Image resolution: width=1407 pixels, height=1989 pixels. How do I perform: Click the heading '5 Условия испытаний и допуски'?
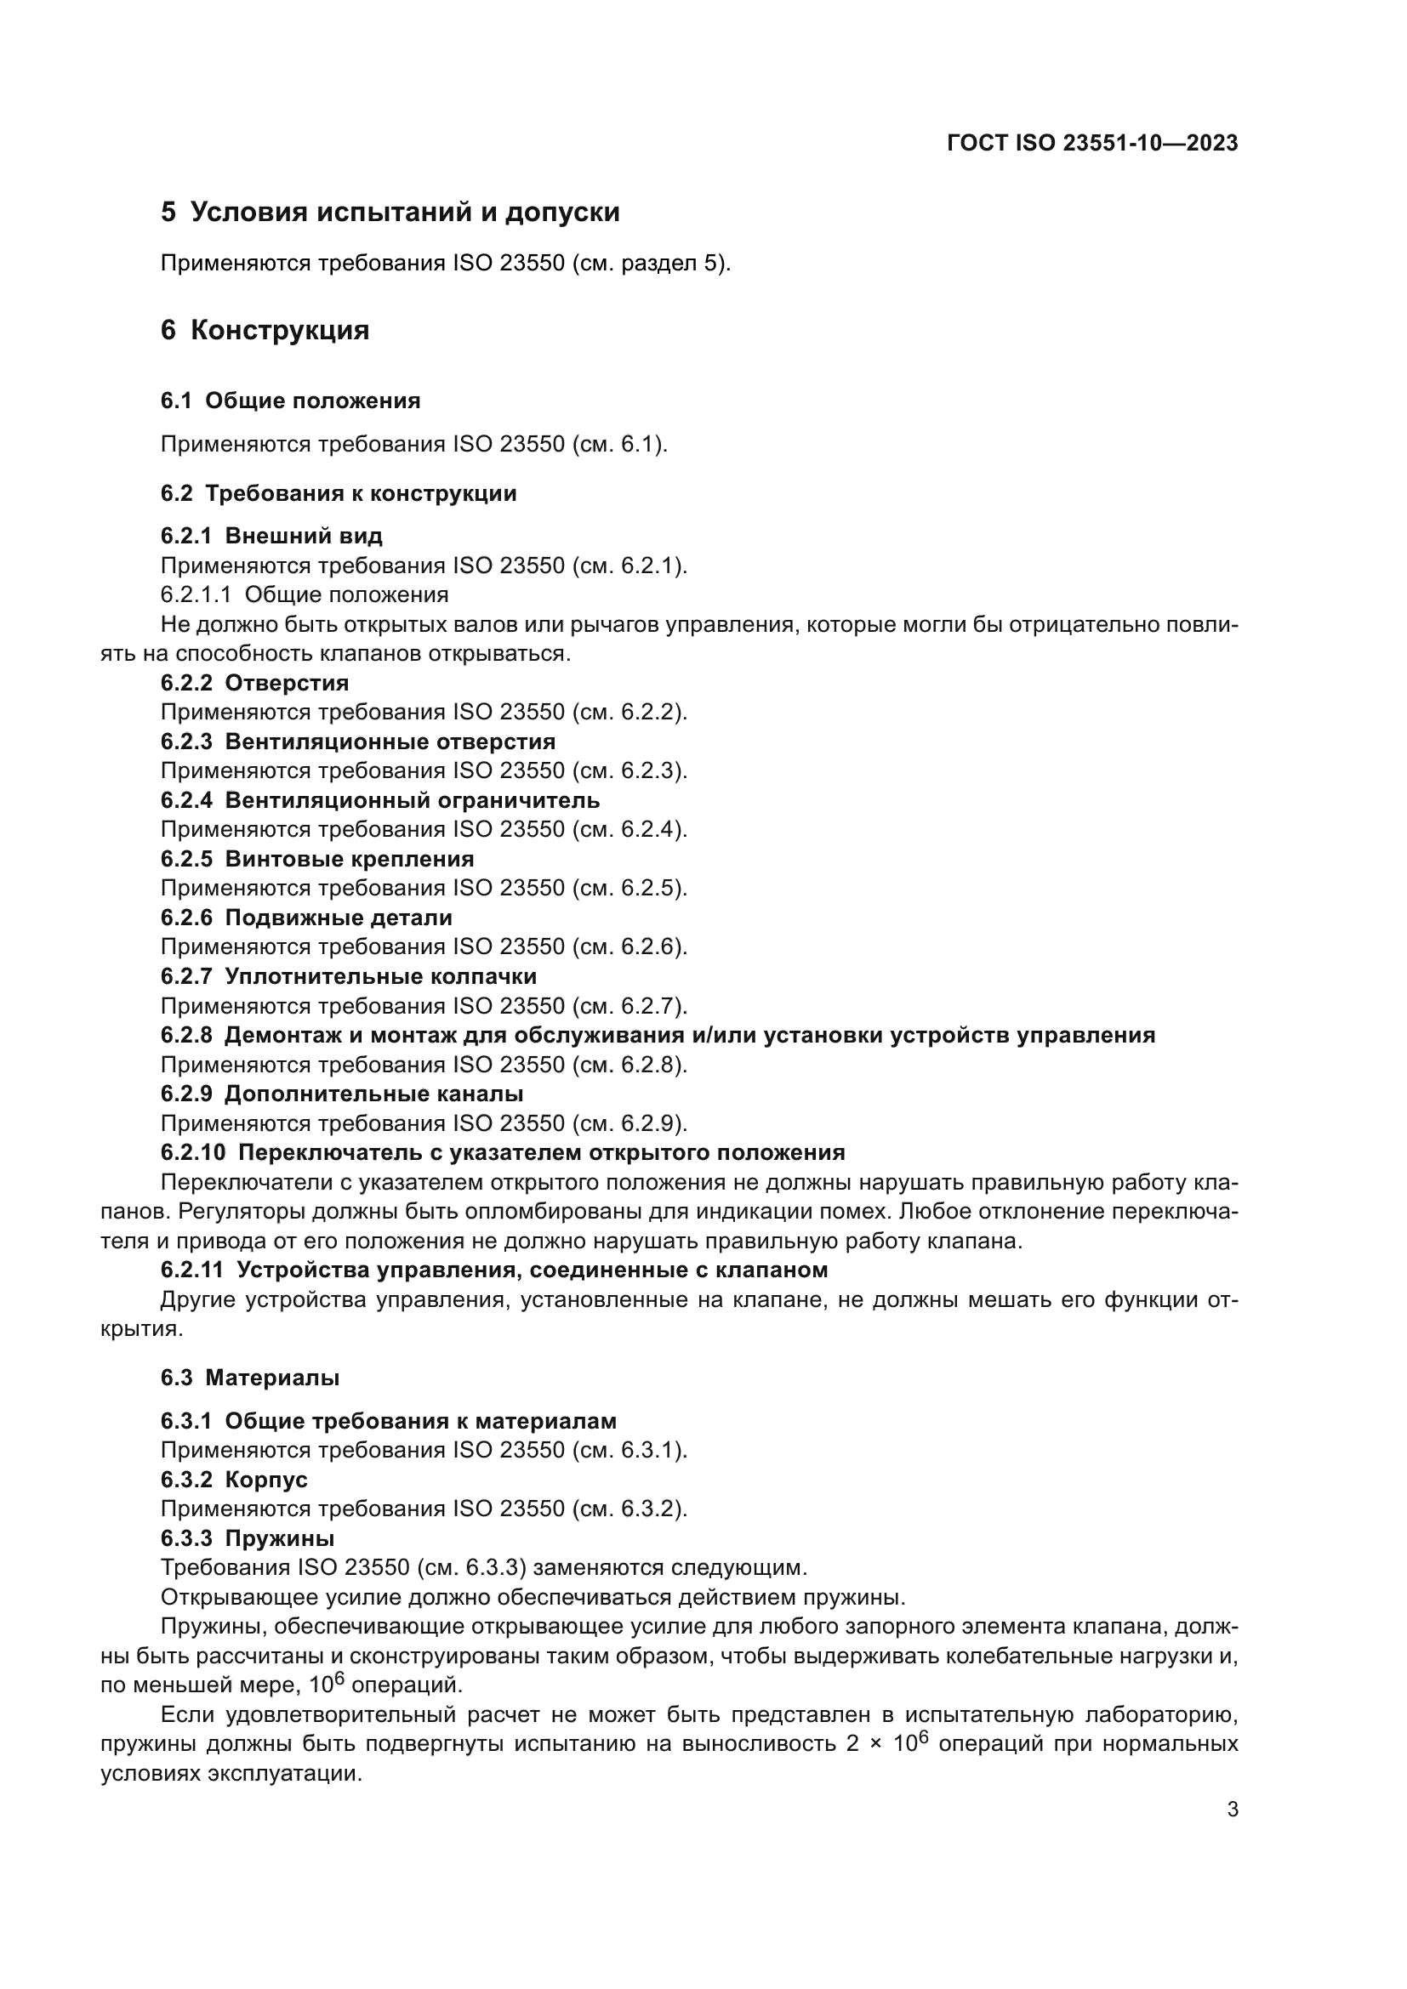tap(390, 213)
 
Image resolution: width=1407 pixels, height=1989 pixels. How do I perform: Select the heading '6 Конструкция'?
tap(265, 330)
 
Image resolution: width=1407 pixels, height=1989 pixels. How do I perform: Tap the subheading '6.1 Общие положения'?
tap(290, 401)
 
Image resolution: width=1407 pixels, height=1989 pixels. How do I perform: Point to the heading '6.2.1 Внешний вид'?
tap(271, 537)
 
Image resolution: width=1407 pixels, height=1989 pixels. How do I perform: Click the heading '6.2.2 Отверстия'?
tap(254, 683)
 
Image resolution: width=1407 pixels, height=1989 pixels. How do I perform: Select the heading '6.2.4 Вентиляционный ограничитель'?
tap(379, 800)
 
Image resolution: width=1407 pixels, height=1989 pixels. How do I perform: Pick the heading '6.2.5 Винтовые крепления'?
tap(317, 860)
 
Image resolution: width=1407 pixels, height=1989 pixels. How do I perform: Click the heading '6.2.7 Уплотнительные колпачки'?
tap(348, 976)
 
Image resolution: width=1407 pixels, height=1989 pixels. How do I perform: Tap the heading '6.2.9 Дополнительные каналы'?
tap(341, 1094)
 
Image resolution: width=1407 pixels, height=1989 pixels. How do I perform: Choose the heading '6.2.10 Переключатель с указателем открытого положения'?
tap(503, 1153)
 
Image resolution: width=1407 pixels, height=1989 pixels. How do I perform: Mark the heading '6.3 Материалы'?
tap(249, 1378)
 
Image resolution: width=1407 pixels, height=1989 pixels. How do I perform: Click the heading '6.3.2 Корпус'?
tap(234, 1480)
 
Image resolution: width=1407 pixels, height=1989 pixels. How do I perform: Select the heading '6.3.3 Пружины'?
tap(247, 1538)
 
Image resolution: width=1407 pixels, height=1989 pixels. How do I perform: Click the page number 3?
tap(1232, 1810)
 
